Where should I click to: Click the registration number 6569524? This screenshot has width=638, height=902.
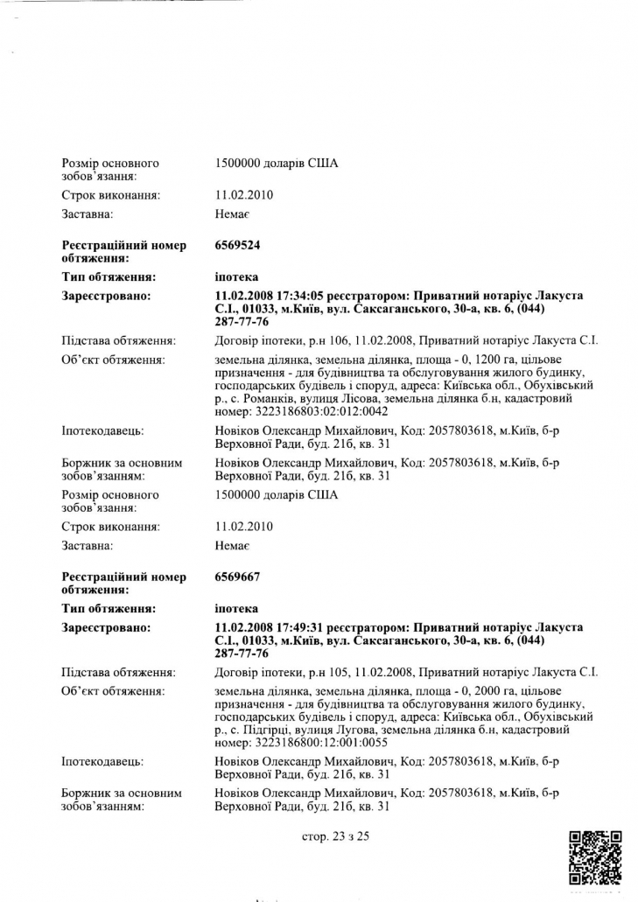(x=237, y=246)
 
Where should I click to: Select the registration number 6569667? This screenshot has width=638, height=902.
(x=237, y=577)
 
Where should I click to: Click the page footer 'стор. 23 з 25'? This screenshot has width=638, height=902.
(x=335, y=836)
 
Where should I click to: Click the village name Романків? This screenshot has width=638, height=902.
(x=277, y=398)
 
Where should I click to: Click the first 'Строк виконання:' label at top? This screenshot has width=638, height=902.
(x=110, y=195)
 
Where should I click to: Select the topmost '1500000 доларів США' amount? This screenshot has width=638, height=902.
(x=276, y=164)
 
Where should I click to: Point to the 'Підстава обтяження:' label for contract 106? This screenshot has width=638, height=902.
(x=119, y=340)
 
